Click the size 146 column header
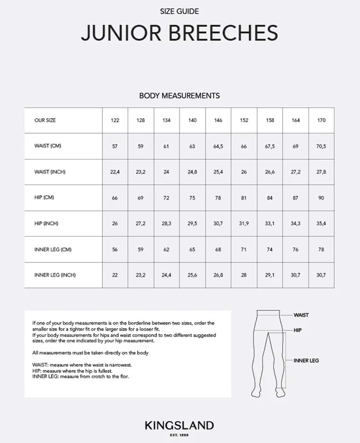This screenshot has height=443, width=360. (x=218, y=120)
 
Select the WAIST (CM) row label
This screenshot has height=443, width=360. (x=48, y=146)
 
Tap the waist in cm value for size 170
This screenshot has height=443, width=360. (x=321, y=146)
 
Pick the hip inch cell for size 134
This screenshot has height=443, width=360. (x=166, y=223)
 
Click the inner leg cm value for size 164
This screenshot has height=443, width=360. (x=295, y=249)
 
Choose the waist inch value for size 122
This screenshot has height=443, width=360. (x=115, y=172)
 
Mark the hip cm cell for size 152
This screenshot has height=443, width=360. (x=244, y=198)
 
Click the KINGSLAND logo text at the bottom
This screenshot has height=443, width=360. (x=180, y=426)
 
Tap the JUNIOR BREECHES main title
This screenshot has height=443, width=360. (x=180, y=33)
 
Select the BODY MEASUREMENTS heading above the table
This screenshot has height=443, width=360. (x=180, y=95)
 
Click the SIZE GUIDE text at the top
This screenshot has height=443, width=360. (x=180, y=12)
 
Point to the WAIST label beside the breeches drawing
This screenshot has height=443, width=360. (x=301, y=315)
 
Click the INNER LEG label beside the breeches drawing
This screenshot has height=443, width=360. (x=306, y=360)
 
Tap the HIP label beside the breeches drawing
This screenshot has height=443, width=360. (x=297, y=330)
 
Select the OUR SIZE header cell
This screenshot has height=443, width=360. (x=45, y=120)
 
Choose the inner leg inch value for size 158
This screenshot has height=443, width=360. (x=270, y=275)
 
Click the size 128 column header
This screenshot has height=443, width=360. (x=140, y=120)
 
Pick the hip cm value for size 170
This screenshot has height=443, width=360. (x=321, y=198)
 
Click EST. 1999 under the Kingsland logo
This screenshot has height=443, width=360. (x=180, y=435)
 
